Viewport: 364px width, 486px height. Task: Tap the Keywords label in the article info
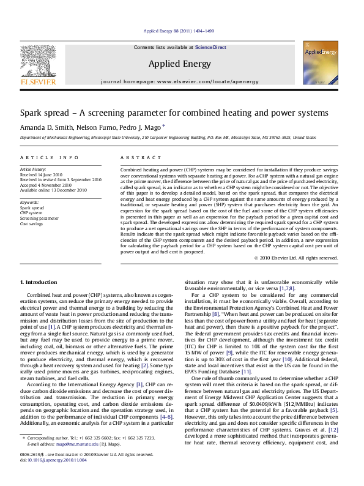pos(31,201)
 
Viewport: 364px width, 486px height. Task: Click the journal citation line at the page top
pos(182,31)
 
